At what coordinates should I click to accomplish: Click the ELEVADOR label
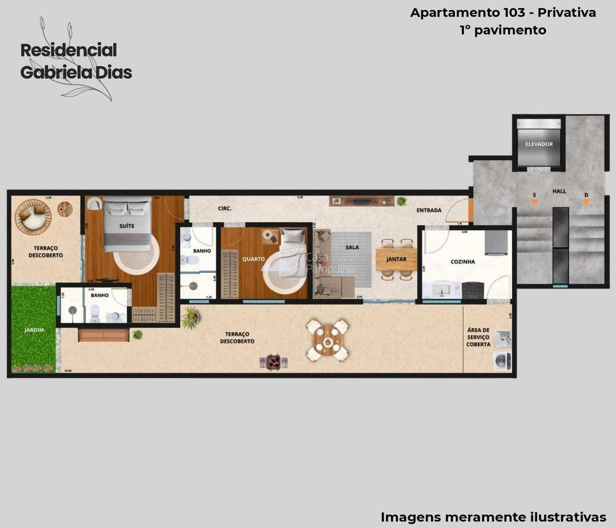539,144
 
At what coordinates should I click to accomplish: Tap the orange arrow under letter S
534,202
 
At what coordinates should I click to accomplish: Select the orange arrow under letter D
586,202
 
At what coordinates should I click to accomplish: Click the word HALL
559,191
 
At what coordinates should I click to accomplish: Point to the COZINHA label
463,262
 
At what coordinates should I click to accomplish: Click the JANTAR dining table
396,260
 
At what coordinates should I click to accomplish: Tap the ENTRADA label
429,210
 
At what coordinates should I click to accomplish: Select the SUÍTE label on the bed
127,226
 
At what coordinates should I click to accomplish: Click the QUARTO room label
254,259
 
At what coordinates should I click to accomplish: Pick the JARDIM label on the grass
34,330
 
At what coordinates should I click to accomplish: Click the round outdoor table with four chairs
328,340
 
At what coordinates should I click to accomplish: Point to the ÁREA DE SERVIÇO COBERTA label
478,337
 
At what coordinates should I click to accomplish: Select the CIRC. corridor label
224,209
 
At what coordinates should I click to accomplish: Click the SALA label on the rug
352,247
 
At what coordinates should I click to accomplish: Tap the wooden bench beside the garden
104,336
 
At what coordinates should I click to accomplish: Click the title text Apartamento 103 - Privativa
503,13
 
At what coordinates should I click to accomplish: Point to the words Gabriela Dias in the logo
76,72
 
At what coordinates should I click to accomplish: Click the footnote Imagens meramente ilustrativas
493,516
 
